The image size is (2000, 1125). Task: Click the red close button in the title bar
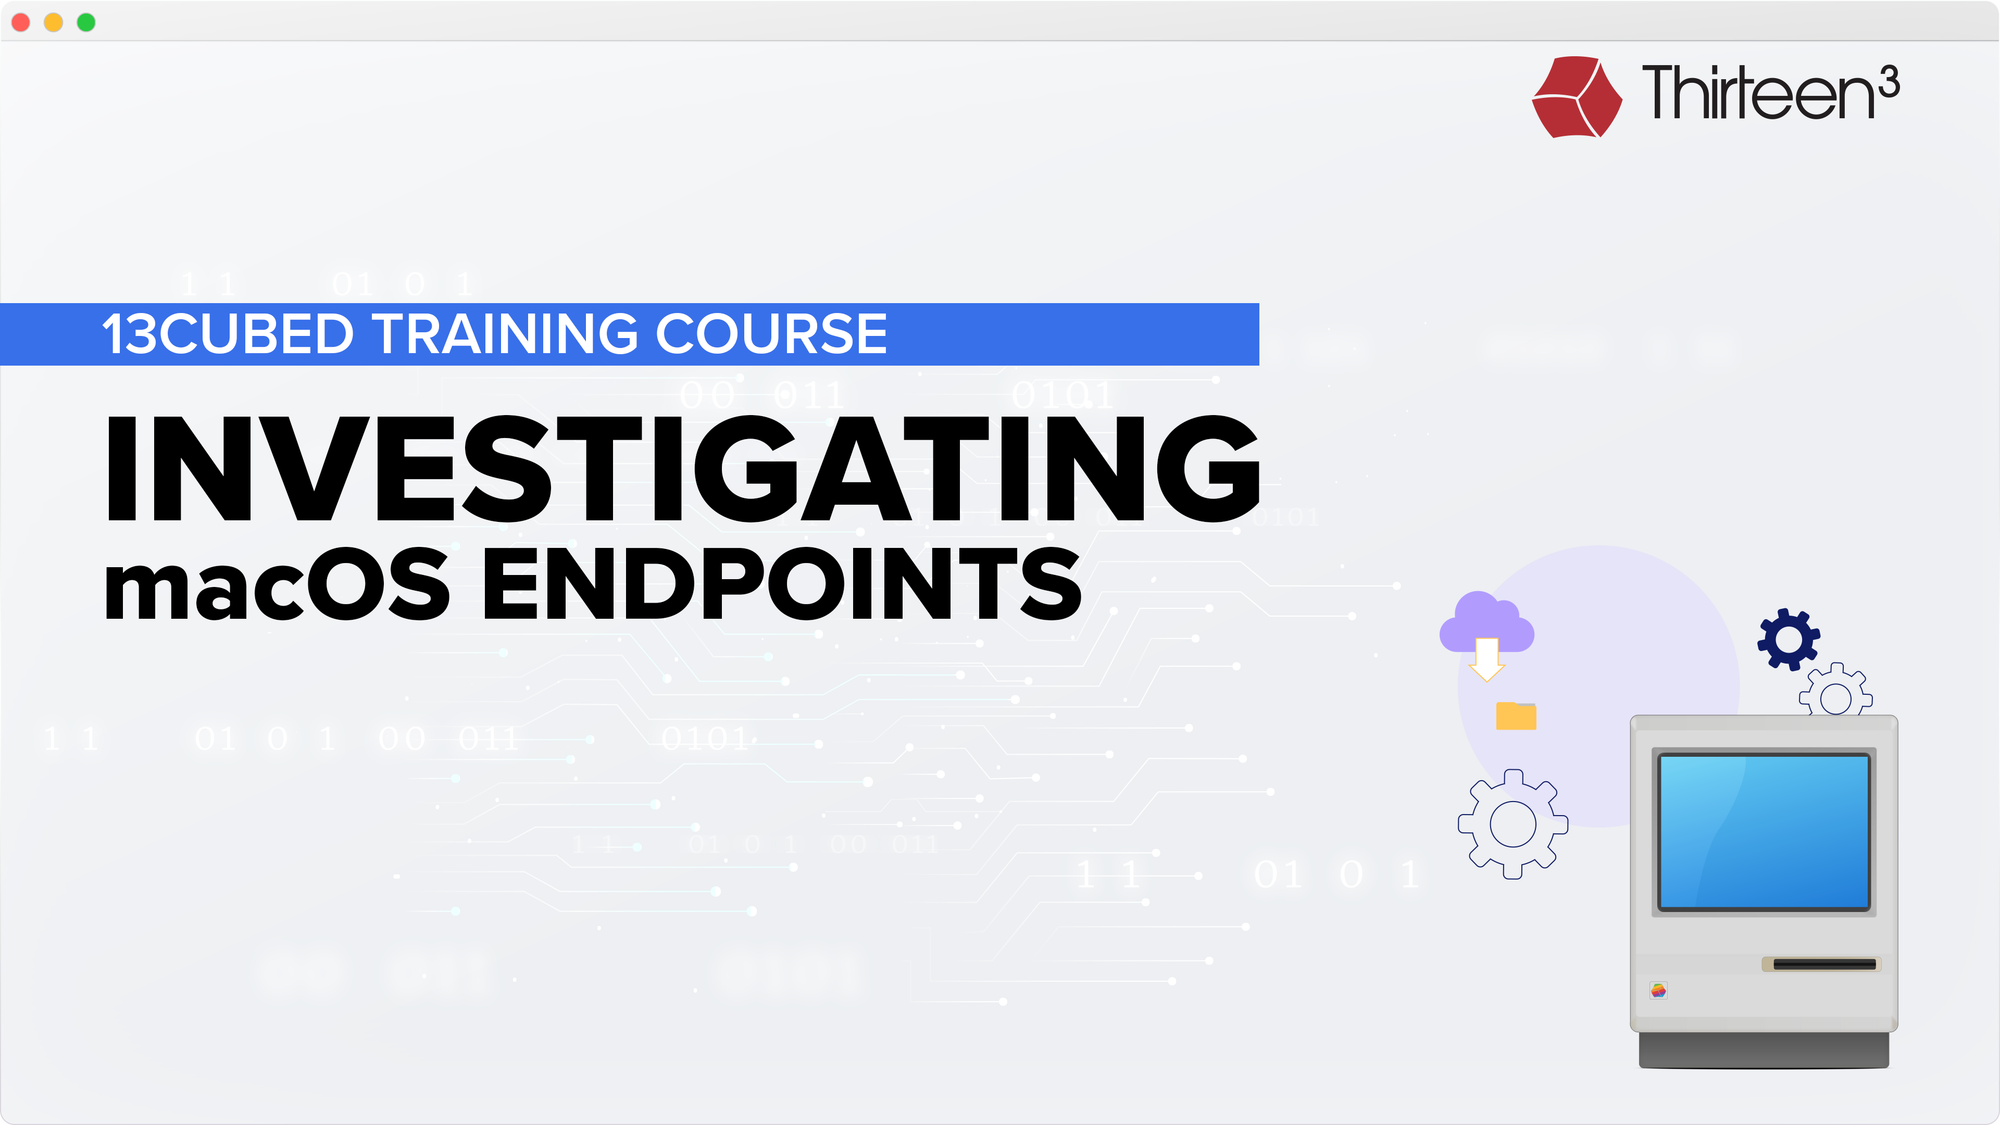21,22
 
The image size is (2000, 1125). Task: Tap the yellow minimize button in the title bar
54,22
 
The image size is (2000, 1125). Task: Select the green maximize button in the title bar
86,22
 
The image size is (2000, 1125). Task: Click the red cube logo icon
1577,97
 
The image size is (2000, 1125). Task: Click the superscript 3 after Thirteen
1890,82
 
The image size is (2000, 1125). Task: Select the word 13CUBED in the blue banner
228,334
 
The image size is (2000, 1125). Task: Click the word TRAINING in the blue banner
508,334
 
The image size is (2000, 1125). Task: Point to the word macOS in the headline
277,584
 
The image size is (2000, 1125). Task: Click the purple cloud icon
1487,623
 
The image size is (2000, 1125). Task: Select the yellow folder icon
1516,716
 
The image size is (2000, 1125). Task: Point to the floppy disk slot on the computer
1824,964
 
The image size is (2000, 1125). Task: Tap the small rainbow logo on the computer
1658,990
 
